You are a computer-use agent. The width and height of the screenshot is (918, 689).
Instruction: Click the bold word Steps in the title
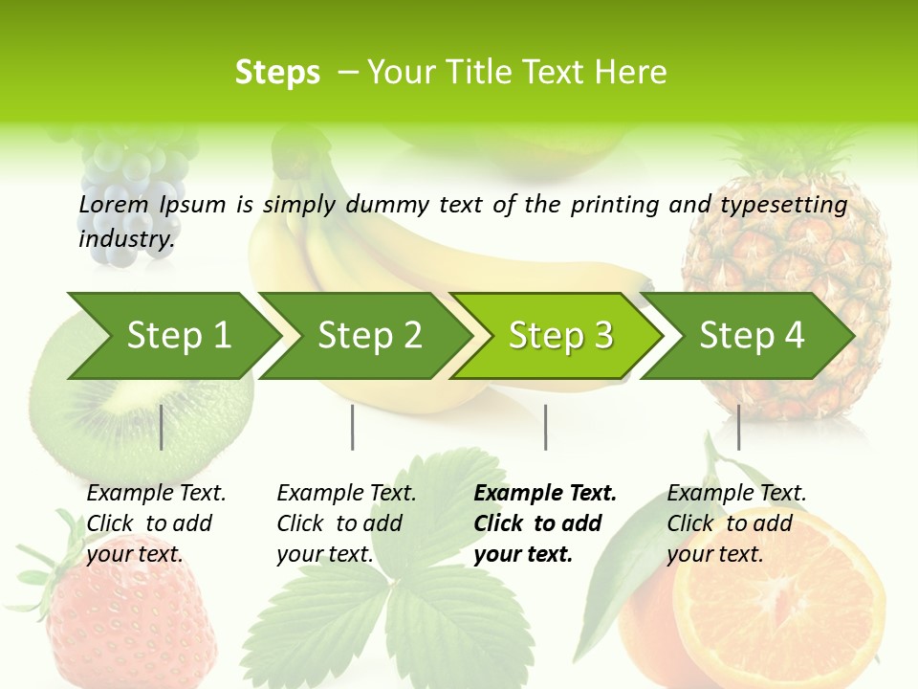point(277,73)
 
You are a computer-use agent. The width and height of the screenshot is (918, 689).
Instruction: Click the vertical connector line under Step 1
point(162,427)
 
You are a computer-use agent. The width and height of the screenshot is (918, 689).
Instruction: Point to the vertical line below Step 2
point(353,427)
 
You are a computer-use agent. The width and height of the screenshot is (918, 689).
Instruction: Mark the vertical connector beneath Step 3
point(545,427)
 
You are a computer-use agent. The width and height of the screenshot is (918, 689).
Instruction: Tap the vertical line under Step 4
point(738,427)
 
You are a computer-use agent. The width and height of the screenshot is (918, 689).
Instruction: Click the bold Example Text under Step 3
point(545,494)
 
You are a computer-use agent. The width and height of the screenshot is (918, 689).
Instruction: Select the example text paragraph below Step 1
point(156,523)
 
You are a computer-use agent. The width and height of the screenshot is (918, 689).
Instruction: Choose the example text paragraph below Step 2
point(346,523)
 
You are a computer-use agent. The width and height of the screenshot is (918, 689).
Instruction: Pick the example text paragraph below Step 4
point(736,523)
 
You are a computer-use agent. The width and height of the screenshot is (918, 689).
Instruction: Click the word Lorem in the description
point(114,205)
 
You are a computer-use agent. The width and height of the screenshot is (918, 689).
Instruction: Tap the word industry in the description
point(126,239)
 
